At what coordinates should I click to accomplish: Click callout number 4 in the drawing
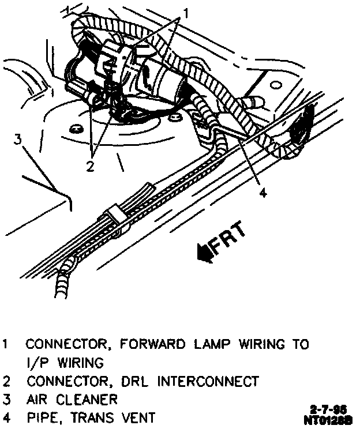coord(262,194)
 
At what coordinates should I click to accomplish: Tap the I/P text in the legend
coord(34,363)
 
